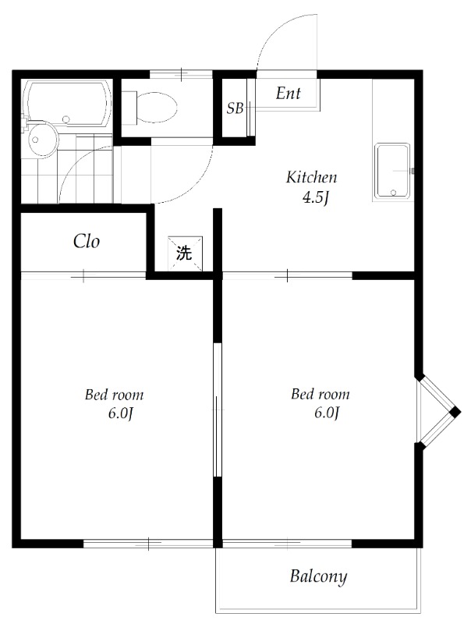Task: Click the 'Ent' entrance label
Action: point(289,94)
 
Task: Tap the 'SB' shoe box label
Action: point(235,108)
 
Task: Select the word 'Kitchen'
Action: point(311,177)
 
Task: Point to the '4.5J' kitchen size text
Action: point(315,198)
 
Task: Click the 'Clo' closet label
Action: point(87,241)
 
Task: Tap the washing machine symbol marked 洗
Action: point(185,253)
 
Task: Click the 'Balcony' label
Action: point(318,576)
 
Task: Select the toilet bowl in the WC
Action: point(157,108)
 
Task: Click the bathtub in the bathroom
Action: point(66,103)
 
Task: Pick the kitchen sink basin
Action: point(393,171)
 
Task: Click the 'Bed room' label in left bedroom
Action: point(114,395)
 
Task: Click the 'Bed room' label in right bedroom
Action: point(320,394)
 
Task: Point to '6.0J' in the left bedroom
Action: point(120,414)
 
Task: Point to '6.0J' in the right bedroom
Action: point(327,413)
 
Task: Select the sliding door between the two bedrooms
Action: point(218,409)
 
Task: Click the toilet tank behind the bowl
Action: point(129,107)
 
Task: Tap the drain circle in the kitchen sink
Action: point(394,192)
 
